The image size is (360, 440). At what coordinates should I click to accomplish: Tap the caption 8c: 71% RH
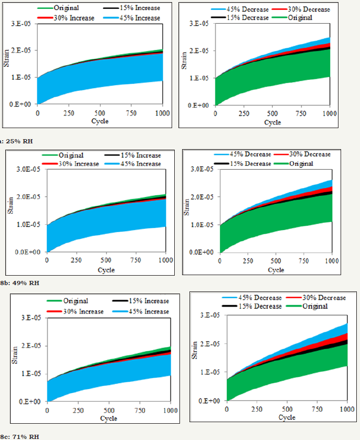coord(19,436)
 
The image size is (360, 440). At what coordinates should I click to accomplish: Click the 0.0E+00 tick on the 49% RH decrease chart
coord(203,253)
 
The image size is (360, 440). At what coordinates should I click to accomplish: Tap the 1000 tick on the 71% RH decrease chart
coord(347,409)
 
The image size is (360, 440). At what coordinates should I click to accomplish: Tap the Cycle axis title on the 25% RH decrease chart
coord(272,123)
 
